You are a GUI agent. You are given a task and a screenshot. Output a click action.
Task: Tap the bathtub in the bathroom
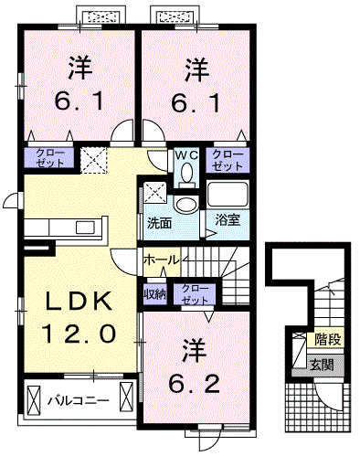pyautogui.click(x=228, y=194)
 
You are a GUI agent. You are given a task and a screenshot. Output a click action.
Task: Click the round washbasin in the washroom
pyautogui.click(x=186, y=205)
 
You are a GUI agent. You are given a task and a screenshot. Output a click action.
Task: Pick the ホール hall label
pyautogui.click(x=161, y=260)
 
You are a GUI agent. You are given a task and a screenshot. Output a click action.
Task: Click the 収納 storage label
pyautogui.click(x=154, y=294)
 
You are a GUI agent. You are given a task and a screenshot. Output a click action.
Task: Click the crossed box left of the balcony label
pyautogui.click(x=35, y=400)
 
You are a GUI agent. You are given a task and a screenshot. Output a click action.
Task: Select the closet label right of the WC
pyautogui.click(x=227, y=160)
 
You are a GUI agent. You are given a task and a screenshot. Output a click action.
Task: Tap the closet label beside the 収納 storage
pyautogui.click(x=194, y=294)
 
